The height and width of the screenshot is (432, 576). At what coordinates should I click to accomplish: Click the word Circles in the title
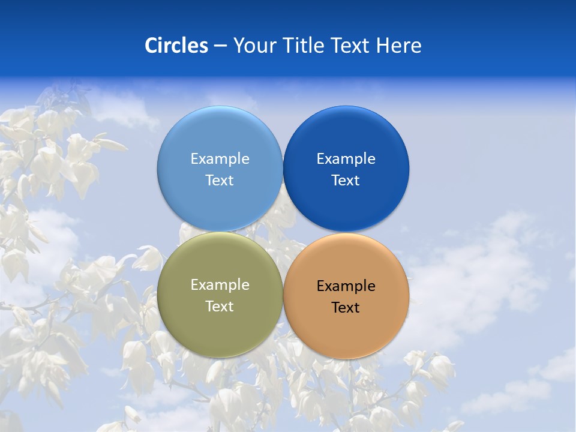point(176,46)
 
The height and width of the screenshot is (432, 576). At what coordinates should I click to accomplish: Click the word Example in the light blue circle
point(220,159)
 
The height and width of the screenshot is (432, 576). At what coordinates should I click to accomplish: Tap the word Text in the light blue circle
point(220,181)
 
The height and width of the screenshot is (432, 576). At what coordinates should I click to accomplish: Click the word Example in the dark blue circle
point(346,159)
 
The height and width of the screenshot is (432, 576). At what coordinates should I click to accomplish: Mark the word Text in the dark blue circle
point(346,181)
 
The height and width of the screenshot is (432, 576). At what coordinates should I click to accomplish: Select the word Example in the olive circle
point(220,285)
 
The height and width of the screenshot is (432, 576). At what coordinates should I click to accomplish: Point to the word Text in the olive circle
point(220,307)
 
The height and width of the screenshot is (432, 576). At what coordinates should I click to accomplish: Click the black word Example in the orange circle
point(346,286)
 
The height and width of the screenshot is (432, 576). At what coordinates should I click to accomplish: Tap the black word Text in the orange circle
point(346,308)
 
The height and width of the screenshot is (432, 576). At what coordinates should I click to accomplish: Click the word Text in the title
point(351,46)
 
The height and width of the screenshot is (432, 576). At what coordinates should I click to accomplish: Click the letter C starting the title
point(151,46)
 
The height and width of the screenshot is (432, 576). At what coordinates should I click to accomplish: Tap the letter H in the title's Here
point(382,46)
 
